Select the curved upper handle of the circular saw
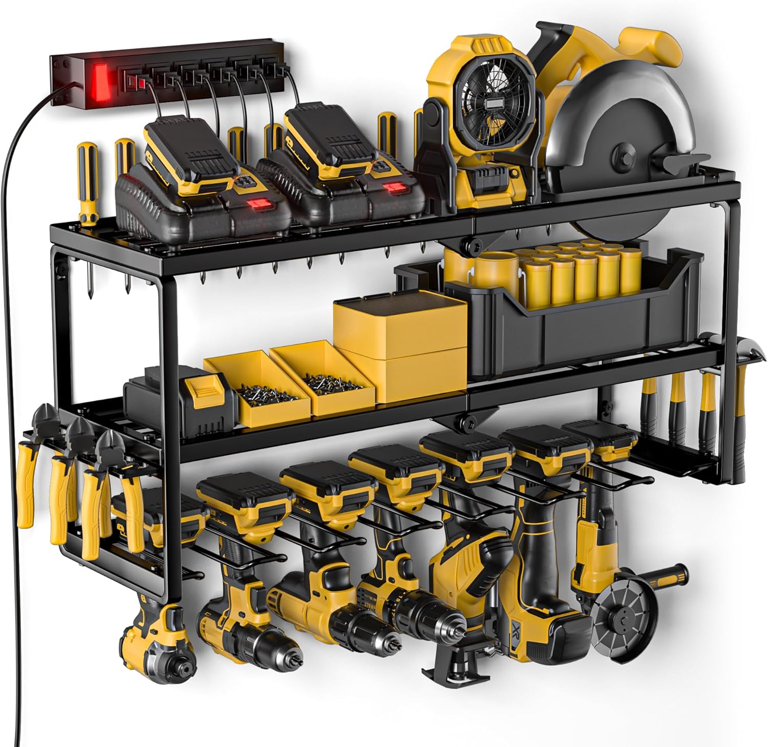655,41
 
